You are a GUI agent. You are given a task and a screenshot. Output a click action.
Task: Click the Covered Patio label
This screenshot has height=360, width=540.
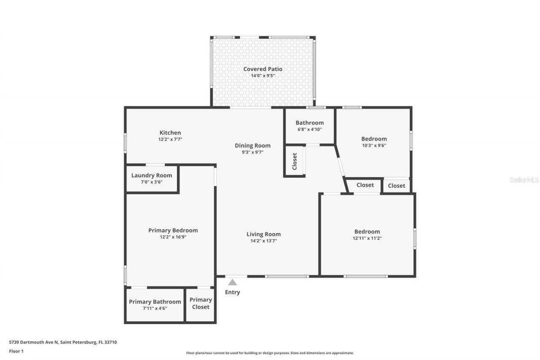[x=262, y=69]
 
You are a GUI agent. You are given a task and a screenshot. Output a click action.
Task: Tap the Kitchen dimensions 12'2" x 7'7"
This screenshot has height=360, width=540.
[x=170, y=139]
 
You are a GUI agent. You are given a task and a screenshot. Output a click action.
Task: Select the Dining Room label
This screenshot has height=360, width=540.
[x=252, y=146]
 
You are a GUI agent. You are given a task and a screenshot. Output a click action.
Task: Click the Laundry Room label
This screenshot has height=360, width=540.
[x=151, y=176]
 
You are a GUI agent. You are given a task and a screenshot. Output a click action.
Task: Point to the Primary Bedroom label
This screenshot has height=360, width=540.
[x=173, y=230]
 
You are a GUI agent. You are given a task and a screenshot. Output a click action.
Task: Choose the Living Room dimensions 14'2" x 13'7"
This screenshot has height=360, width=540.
[x=263, y=241]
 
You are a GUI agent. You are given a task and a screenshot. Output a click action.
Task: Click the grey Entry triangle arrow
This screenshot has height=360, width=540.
[x=232, y=282]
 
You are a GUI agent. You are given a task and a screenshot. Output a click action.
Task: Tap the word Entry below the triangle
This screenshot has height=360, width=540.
[x=232, y=292]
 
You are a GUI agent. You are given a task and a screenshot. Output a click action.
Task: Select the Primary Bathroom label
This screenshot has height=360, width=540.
[x=155, y=302]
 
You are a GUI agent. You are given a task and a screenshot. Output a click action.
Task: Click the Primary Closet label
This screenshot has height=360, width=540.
[x=200, y=303]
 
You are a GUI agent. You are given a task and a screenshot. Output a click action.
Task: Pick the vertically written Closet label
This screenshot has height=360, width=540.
[x=294, y=161]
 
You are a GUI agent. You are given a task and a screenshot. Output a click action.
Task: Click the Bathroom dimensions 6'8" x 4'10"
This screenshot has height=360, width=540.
[x=309, y=130]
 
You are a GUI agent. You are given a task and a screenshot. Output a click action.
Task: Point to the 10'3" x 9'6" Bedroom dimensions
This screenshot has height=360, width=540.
[x=374, y=145]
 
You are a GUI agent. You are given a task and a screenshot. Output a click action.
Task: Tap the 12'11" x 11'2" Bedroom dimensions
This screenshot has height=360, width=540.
[x=367, y=238]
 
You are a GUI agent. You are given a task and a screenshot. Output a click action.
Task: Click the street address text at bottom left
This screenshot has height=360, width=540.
[x=63, y=342]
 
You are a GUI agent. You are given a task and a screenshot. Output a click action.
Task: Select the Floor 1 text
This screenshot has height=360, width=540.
[x=16, y=351]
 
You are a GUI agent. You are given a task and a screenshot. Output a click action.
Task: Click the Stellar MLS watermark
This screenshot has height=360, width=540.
[x=524, y=180]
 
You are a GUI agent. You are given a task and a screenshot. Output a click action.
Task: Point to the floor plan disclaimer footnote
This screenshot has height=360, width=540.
[x=270, y=353]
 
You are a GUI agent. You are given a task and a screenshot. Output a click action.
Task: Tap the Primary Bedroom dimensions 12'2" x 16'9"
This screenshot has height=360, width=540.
[x=173, y=237]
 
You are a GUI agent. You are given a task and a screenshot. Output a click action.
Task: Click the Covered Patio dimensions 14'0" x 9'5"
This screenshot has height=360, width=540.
[x=262, y=76]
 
